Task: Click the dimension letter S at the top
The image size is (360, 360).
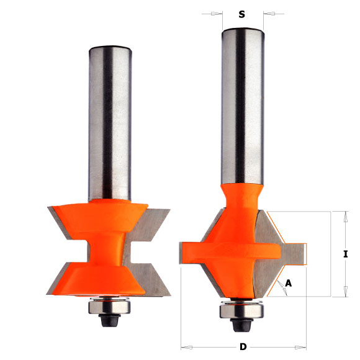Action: pyautogui.click(x=241, y=14)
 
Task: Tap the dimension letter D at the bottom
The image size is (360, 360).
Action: pyautogui.click(x=243, y=346)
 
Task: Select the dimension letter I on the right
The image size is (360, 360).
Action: pyautogui.click(x=345, y=254)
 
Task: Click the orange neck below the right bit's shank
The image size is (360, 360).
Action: pyautogui.click(x=240, y=199)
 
